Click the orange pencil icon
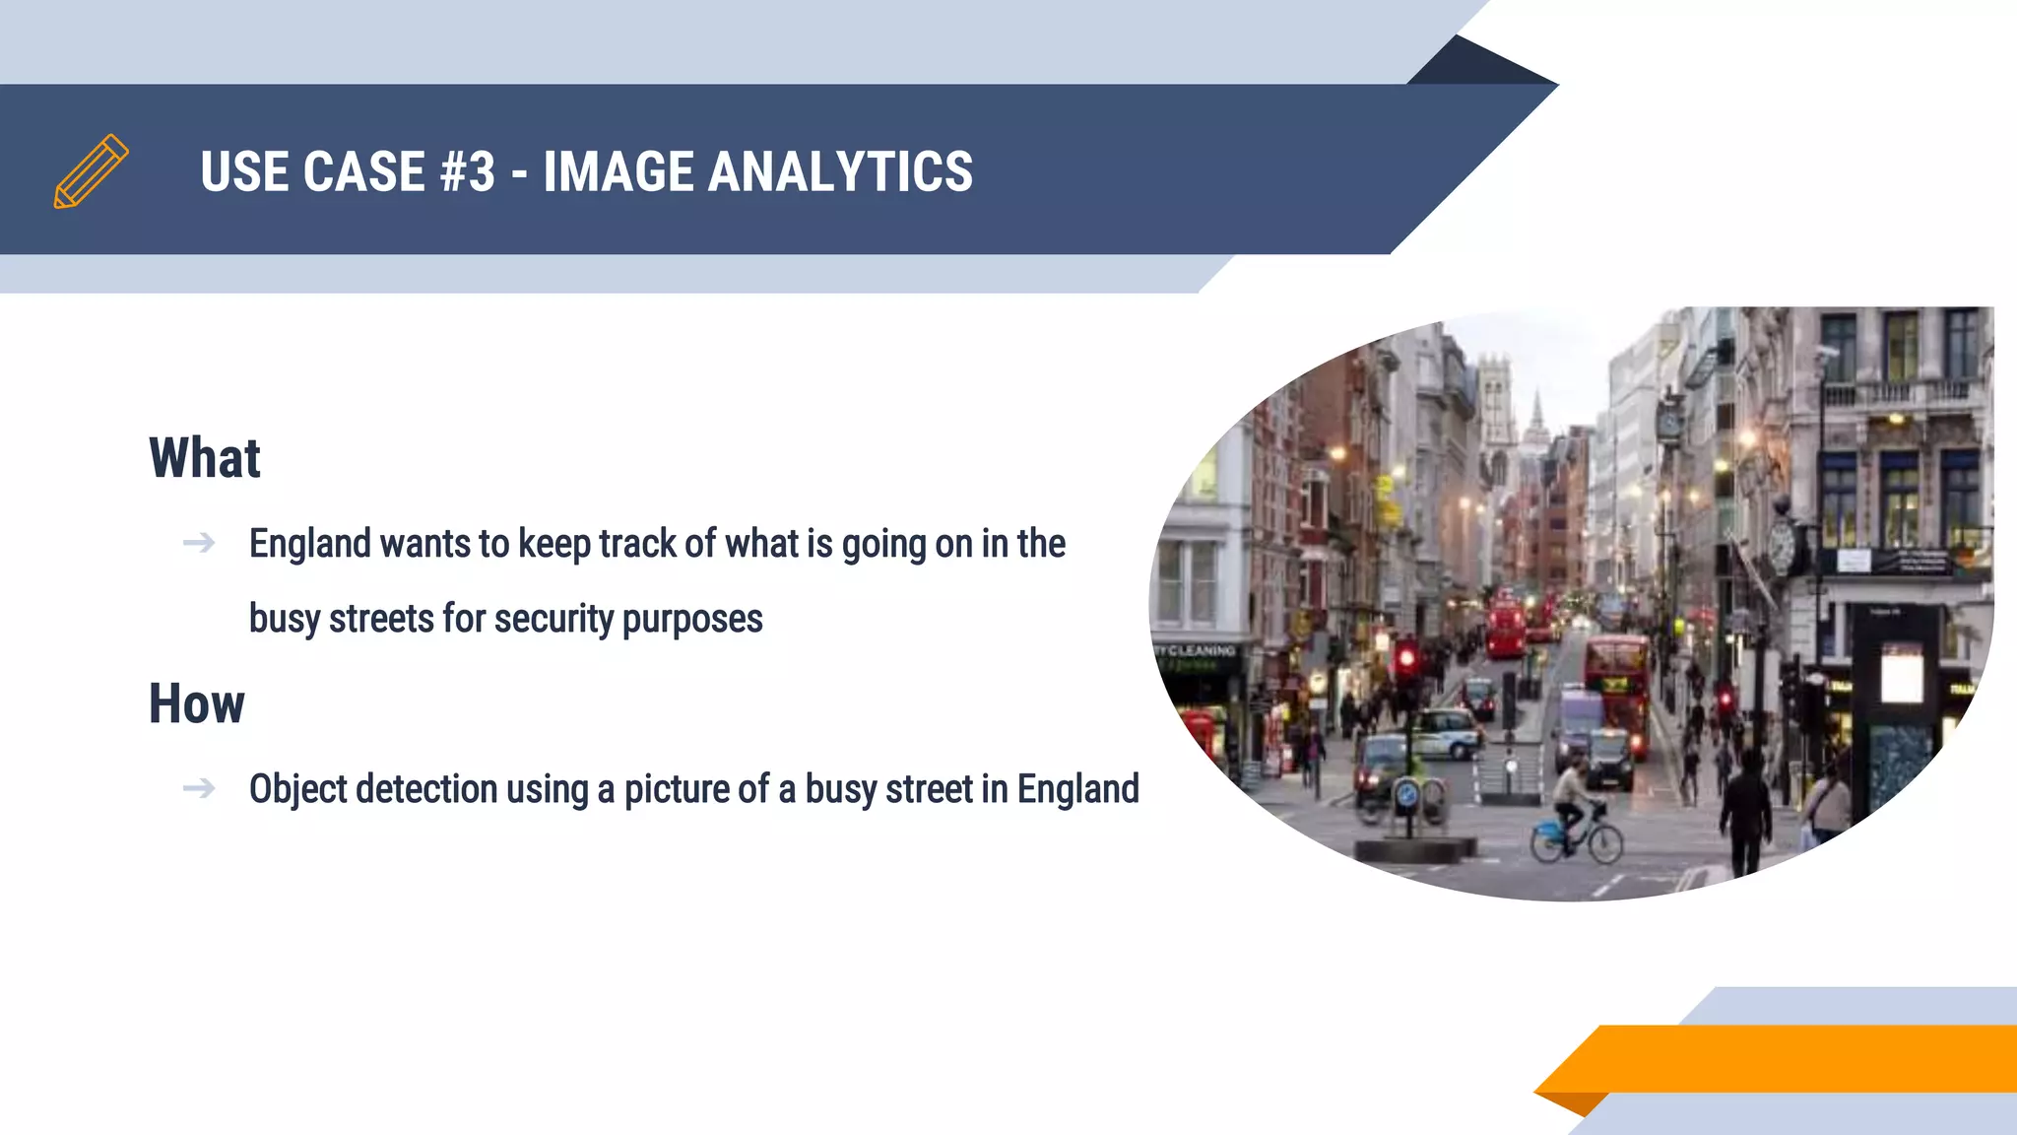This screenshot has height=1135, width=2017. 91,171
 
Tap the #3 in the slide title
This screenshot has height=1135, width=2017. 468,172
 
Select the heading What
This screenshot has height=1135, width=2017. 205,458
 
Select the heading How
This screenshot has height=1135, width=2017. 197,704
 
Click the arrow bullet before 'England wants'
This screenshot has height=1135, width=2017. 199,543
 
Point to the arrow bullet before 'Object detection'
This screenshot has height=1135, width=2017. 199,788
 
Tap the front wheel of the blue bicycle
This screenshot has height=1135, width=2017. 1605,844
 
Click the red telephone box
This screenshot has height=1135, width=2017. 1200,733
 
